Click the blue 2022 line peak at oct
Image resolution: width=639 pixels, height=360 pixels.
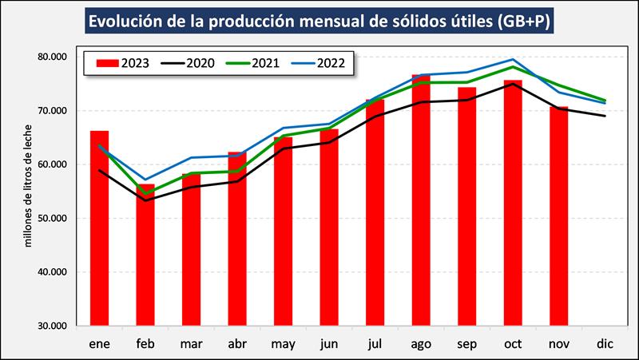513,59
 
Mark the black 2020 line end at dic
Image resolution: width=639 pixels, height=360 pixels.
605,116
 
